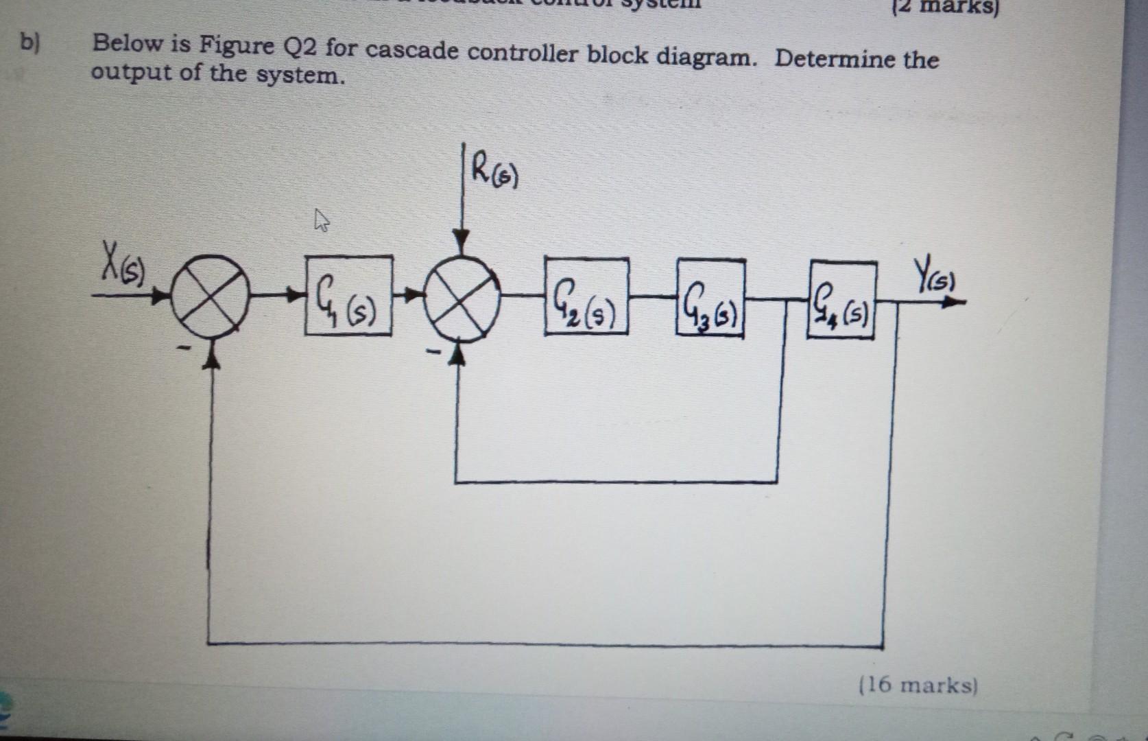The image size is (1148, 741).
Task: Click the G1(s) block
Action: tap(349, 296)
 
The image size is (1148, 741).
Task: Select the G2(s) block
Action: tap(586, 296)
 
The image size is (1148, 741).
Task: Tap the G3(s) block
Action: tap(710, 296)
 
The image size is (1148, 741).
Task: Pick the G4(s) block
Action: tap(842, 301)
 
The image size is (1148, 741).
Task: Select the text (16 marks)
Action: tap(918, 685)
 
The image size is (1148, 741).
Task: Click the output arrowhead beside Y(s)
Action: tap(954, 302)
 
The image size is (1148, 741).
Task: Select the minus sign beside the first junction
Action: tap(183, 349)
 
